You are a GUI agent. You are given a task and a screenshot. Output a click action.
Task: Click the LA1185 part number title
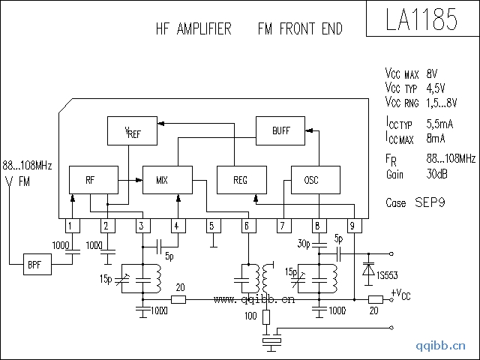tap(421, 19)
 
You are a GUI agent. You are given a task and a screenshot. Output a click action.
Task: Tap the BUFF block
tap(280, 130)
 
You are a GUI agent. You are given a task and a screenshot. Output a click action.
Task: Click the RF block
tap(91, 180)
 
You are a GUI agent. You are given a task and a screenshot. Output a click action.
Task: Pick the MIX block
tap(163, 180)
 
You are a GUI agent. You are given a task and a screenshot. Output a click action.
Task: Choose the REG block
tap(240, 180)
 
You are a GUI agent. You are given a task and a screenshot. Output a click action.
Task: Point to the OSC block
tap(311, 180)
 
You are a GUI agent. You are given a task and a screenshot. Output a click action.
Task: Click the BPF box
tap(34, 265)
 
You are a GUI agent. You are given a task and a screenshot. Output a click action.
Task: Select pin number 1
tap(70, 226)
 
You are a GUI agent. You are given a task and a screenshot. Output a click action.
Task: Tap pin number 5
tap(211, 226)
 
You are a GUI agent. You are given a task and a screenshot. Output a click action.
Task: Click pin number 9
tap(352, 226)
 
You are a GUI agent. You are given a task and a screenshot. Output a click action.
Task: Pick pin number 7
tap(282, 226)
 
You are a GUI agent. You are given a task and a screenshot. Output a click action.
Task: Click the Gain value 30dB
tap(438, 175)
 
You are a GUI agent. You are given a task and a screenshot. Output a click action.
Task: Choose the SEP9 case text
tap(430, 202)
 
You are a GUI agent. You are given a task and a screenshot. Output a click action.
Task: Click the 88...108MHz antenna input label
tap(26, 164)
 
